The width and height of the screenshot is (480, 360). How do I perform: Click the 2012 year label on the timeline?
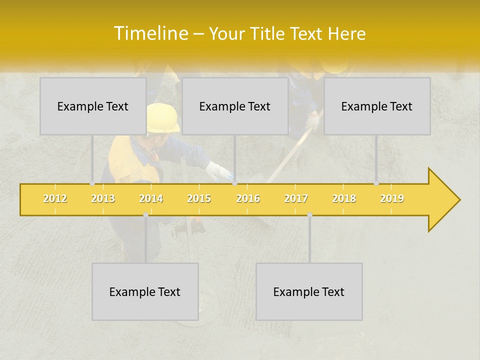pos(55,199)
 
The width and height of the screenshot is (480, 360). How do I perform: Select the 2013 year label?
pos(103,199)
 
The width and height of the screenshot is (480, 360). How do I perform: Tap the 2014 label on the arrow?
pos(151,199)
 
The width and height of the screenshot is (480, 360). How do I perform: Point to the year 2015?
pos(199,199)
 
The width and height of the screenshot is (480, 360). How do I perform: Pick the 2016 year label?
pos(248,199)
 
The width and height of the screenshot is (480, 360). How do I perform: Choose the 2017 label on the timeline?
pos(296,199)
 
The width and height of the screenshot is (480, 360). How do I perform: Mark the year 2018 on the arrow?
pos(344,199)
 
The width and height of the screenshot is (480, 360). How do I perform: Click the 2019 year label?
pos(392,199)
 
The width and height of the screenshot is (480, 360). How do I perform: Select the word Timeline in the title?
pos(150,33)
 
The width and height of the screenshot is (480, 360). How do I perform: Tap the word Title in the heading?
pos(269,34)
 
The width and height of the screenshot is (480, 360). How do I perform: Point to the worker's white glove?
pos(218,171)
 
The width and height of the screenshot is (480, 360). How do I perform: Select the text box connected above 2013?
pos(93,106)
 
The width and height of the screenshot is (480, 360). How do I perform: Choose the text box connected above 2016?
pos(235,106)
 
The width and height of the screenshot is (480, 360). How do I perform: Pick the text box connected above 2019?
pos(377,106)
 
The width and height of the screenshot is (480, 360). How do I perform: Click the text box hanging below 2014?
pos(145,291)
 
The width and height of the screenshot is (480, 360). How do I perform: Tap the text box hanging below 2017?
pos(309,291)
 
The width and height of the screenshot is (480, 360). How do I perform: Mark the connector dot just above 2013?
pos(92,183)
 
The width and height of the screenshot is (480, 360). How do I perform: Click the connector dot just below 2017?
pos(309,215)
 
